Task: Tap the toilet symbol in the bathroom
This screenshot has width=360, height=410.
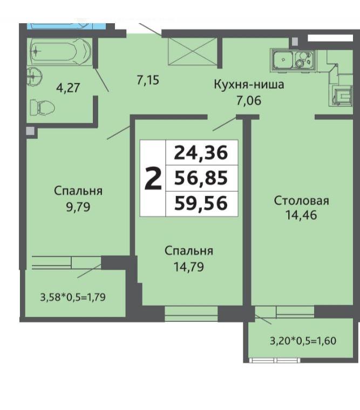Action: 42,107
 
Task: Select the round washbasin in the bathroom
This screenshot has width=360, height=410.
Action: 34,76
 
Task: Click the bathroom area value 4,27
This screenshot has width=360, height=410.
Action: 68,88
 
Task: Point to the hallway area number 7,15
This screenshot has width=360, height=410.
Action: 148,80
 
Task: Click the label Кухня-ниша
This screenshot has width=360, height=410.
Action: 249,84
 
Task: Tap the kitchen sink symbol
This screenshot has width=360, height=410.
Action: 282,59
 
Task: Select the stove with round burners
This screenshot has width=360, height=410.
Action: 304,59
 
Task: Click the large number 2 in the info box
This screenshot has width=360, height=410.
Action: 153,178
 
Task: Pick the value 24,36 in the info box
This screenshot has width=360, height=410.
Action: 201,153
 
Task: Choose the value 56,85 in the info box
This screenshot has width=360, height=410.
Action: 201,178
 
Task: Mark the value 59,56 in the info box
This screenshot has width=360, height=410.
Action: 201,203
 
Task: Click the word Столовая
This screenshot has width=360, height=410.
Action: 302,201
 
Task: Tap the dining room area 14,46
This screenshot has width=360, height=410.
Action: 301,215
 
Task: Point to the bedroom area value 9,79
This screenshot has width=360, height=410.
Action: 78,207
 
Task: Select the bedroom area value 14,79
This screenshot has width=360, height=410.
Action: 188,267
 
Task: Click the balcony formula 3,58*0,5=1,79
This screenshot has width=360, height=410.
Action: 73,297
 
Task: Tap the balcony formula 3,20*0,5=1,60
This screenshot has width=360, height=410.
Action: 303,341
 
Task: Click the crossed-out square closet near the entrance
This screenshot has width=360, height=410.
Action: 193,51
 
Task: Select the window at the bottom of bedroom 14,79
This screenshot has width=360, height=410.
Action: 191,313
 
